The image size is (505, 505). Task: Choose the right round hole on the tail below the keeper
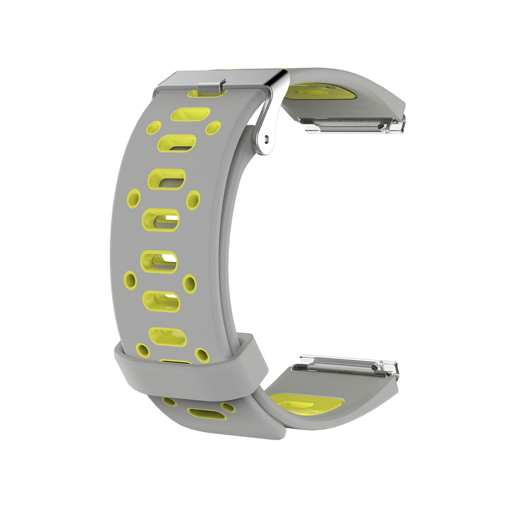point(229,407)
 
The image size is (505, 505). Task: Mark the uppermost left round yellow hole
point(154,128)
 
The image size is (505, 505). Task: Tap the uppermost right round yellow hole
point(213,128)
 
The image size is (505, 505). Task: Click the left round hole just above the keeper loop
point(143,350)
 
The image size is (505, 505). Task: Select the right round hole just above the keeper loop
point(202,355)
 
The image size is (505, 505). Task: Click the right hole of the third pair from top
point(190,283)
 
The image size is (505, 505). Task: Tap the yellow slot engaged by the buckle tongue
point(207,93)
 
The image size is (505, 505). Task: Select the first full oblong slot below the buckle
point(191,114)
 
